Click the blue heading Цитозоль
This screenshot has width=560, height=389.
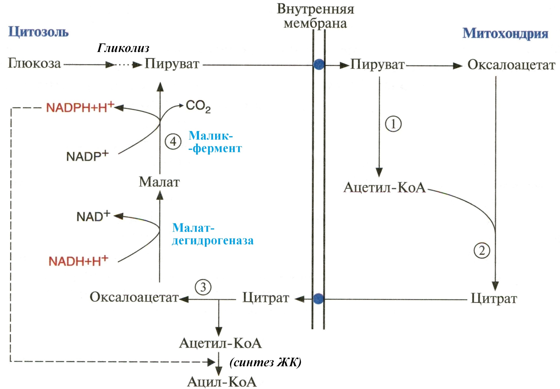tap(38, 32)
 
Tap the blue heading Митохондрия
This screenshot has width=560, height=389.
tap(505, 33)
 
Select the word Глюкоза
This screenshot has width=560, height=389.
tap(34, 63)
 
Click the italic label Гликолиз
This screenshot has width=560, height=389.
tap(123, 48)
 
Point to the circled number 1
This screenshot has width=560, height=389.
tap(393, 124)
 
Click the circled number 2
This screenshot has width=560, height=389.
tap(482, 250)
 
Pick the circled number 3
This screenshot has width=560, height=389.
tap(203, 287)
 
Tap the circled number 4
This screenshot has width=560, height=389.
tap(173, 141)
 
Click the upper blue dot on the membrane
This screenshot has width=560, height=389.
tap(319, 64)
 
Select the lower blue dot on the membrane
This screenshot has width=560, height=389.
tap(318, 299)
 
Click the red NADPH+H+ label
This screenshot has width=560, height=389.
tap(80, 107)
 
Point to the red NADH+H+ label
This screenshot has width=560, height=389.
tap(78, 261)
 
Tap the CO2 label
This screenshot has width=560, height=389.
tap(198, 106)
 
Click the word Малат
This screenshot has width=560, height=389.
tap(159, 182)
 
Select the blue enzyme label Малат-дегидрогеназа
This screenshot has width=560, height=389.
tap(212, 234)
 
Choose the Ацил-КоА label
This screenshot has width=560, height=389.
tap(222, 382)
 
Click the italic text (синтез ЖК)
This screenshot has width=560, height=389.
tap(265, 362)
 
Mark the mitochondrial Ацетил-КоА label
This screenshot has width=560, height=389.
tap(384, 188)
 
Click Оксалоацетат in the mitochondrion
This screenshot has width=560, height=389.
tap(511, 65)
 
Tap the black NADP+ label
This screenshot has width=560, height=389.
tap(87, 156)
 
